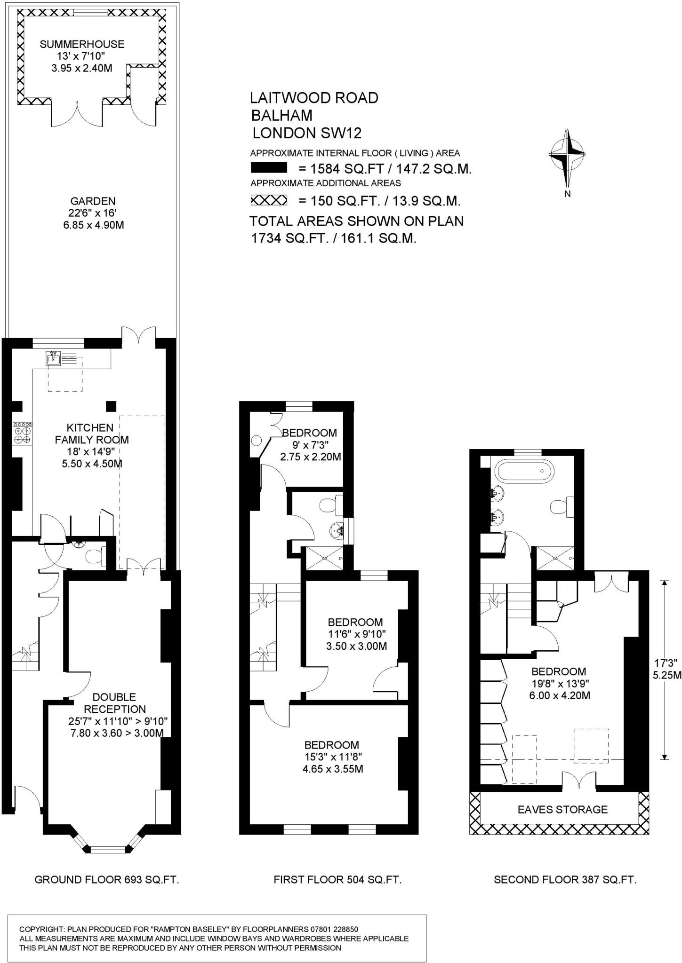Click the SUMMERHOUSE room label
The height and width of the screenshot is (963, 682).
pyautogui.click(x=82, y=44)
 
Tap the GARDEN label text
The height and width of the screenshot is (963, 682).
pyautogui.click(x=93, y=201)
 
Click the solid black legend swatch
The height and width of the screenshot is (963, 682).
pyautogui.click(x=269, y=168)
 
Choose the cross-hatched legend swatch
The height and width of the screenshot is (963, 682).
pyautogui.click(x=269, y=201)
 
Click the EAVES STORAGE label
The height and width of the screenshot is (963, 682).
pyautogui.click(x=562, y=809)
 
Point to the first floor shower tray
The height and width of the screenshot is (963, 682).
pyautogui.click(x=325, y=558)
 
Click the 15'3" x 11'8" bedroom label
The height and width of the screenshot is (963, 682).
pyautogui.click(x=332, y=757)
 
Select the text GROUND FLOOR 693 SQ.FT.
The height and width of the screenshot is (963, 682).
pyautogui.click(x=107, y=880)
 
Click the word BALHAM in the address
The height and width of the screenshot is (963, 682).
pyautogui.click(x=281, y=115)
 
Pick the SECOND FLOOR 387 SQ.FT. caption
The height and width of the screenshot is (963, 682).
pyautogui.click(x=565, y=880)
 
